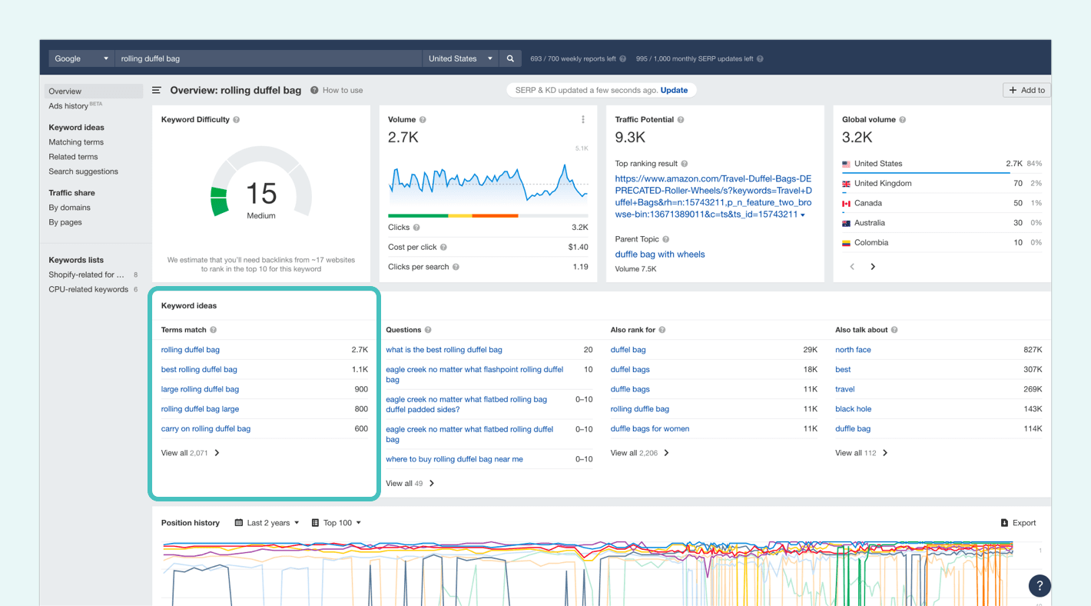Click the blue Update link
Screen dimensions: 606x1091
click(674, 90)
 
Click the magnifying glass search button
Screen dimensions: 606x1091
click(510, 58)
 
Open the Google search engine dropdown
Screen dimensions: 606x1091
click(81, 58)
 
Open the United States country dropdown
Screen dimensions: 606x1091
click(460, 58)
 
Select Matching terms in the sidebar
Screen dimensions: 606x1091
click(76, 142)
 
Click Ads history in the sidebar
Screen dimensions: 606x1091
click(68, 106)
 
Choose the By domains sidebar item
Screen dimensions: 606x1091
click(70, 208)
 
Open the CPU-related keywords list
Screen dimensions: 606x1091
click(88, 289)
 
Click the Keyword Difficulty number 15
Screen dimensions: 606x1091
click(261, 193)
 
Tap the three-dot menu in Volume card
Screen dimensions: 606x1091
click(583, 119)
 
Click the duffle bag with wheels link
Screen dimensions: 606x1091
click(660, 255)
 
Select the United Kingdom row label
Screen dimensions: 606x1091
click(883, 184)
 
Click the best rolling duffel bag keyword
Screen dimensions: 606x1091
click(199, 370)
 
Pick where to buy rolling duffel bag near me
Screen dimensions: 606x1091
click(454, 459)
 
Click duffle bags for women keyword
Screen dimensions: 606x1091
click(650, 429)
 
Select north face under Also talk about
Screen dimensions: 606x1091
click(853, 350)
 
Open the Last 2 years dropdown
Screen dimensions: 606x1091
click(267, 523)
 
